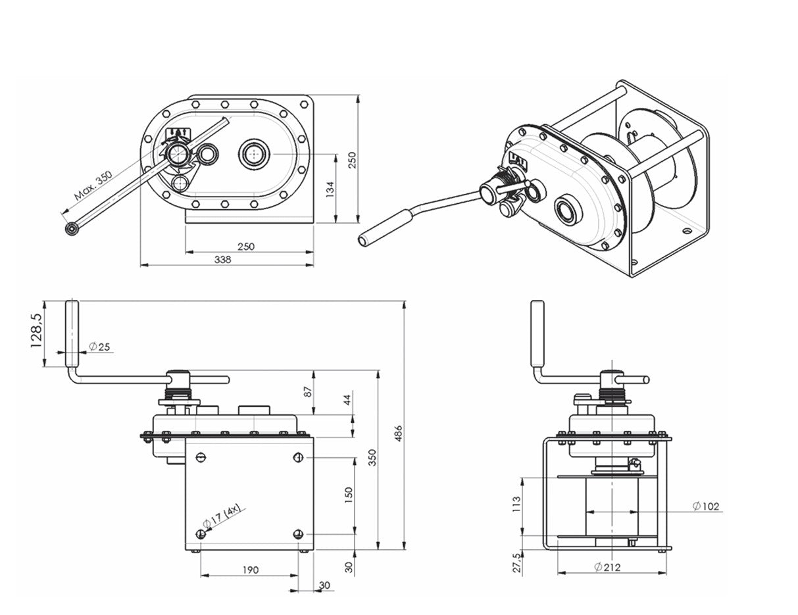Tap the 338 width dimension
(224, 259)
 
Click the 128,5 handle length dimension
(37, 330)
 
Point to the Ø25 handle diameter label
(98, 346)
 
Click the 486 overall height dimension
(397, 433)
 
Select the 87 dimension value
(307, 392)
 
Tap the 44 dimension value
(347, 399)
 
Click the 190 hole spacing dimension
(250, 570)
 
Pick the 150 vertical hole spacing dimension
(349, 493)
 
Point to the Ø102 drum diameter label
(707, 506)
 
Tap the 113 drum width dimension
(516, 504)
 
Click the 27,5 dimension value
(516, 564)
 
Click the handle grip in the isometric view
(385, 228)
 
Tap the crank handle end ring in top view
(71, 228)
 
